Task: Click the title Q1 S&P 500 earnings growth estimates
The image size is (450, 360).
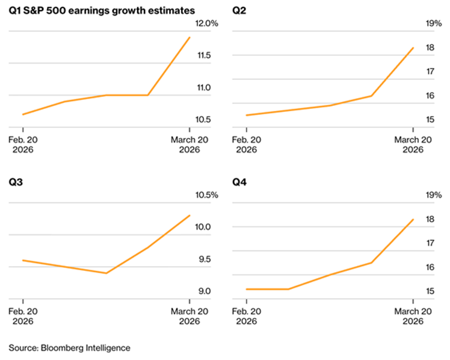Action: [102, 10]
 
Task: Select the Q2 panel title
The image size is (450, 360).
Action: [239, 10]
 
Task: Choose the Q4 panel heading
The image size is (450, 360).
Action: [239, 182]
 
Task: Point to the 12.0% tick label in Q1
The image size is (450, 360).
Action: [205, 23]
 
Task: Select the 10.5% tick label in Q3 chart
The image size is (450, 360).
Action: [205, 195]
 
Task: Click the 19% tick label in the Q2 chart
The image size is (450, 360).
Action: [434, 23]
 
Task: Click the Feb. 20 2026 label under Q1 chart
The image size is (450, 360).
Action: [23, 144]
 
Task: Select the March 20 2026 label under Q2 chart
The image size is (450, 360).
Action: [413, 144]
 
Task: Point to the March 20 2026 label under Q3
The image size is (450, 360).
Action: [190, 316]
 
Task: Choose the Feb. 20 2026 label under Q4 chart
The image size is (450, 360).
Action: [247, 316]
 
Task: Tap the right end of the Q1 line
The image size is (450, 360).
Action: [190, 37]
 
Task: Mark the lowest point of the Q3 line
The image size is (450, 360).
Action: [106, 273]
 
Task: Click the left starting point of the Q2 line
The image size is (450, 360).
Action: [247, 115]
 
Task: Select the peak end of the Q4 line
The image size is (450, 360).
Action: [413, 219]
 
